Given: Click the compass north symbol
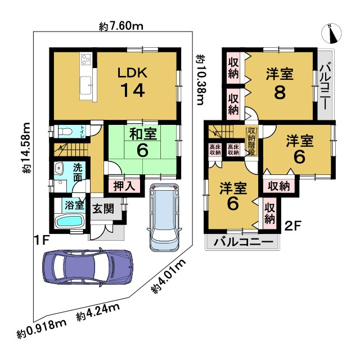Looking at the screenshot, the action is pos(331,33).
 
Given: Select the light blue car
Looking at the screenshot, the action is pos(164,217).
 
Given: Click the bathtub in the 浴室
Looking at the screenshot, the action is pos(69,221).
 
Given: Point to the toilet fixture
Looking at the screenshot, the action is pos(65,132).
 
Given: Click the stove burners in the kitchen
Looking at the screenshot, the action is pos(86,58).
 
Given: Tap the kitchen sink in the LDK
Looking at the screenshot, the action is pos(85,84).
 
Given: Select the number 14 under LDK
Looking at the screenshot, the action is pos(133,91).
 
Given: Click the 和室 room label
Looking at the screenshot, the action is pos(143,134).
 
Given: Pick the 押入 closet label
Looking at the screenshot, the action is pos(124,186).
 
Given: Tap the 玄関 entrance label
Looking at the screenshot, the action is pos(103,209).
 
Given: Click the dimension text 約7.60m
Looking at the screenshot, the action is pos(121,26).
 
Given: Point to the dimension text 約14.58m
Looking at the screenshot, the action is pos(26,148).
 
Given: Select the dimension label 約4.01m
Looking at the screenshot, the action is pos(169,277).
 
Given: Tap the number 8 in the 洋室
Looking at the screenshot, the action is pos(280,92).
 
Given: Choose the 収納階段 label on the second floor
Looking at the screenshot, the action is pos(251,142).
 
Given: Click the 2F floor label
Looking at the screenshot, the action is pos(292,226).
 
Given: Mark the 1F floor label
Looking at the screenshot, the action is pos(42,241).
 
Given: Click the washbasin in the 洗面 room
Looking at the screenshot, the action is pos(58,168).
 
